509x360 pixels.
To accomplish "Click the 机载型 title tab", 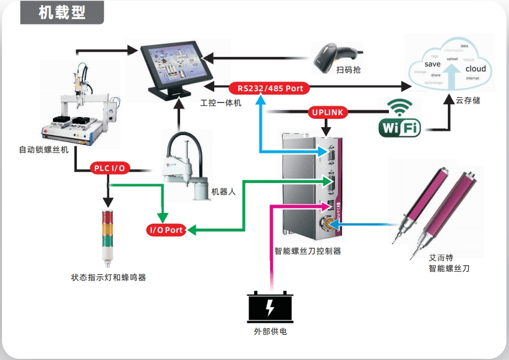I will pos(62,13).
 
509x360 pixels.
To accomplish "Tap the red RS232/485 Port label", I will pos(270,88).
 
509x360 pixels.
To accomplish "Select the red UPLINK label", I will pos(327,112).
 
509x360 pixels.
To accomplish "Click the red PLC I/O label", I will pos(110,168).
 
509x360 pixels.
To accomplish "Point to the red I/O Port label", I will pos(166,230).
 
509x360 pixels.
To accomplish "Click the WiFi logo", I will pos(399,119).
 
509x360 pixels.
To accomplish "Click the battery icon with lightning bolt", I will pos(271,307).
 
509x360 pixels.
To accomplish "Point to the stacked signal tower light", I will pos(108,237).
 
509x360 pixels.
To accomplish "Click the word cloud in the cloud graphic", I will pos(475,69).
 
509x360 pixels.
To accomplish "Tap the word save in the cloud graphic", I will pos(432,64).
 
